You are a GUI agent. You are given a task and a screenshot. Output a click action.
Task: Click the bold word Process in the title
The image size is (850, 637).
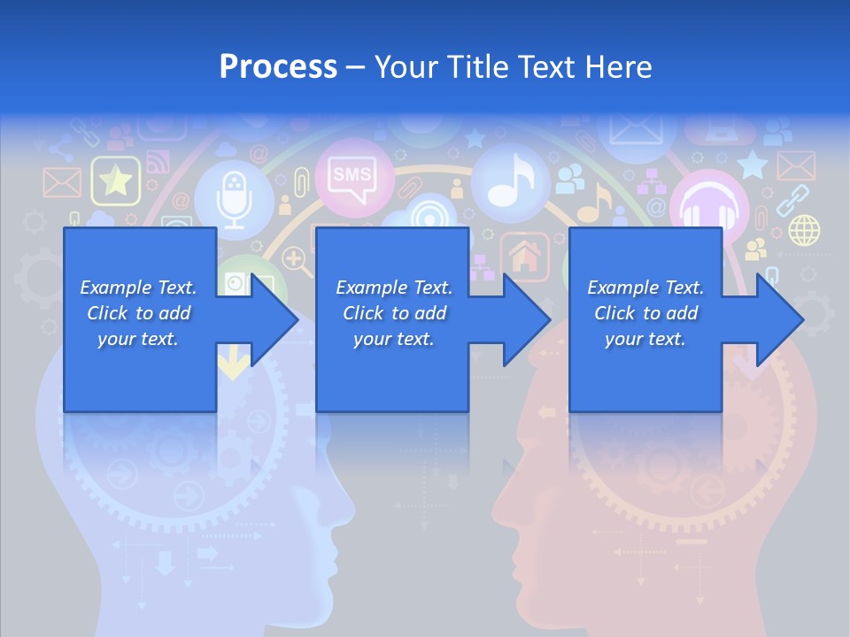tap(278, 66)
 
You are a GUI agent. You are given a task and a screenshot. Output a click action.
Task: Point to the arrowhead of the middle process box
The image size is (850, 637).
tap(526, 319)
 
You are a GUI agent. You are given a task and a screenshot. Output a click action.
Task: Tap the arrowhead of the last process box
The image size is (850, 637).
tap(779, 319)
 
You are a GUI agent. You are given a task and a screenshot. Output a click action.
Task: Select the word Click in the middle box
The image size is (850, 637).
tap(362, 313)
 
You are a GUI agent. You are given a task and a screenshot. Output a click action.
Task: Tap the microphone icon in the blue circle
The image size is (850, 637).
tap(234, 196)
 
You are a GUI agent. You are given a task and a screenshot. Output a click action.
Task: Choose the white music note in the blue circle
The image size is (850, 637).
tap(510, 180)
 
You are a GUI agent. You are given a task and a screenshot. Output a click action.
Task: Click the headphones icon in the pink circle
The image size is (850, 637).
tap(709, 211)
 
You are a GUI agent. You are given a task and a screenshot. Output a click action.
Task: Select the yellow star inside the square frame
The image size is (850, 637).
tap(116, 181)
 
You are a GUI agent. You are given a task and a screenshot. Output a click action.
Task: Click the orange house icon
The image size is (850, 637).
tap(526, 257)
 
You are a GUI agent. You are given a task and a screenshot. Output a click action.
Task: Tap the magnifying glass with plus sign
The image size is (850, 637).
tap(295, 258)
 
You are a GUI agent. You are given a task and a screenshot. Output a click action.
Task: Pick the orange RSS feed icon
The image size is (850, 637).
tap(157, 163)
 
